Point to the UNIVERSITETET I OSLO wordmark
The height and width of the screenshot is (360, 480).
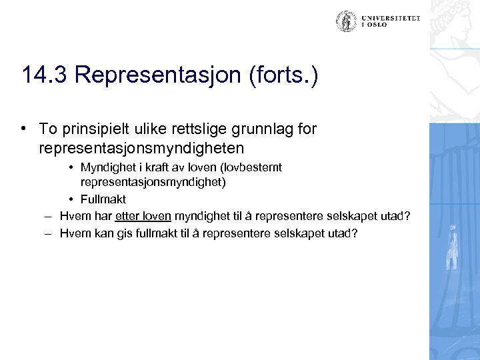click(x=391, y=21)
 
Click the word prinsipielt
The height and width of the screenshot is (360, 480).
click(x=91, y=128)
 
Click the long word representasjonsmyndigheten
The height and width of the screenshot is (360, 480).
click(x=142, y=146)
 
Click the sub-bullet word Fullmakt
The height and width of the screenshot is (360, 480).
click(x=103, y=199)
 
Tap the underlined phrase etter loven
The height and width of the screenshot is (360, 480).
click(x=143, y=216)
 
